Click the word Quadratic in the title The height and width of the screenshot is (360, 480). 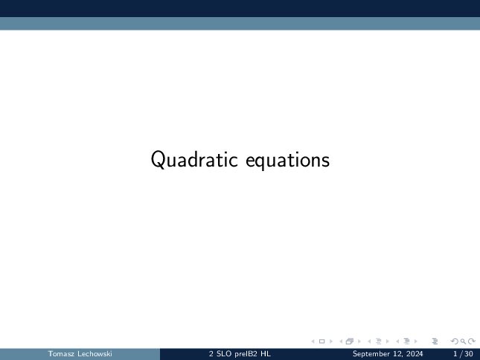(x=194, y=159)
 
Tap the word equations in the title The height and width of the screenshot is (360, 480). (x=288, y=160)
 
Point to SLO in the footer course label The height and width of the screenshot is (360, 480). (x=224, y=354)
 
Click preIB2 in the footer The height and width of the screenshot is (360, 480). (x=246, y=354)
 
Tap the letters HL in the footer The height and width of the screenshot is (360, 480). (x=266, y=354)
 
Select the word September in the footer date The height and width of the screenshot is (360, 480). (x=367, y=354)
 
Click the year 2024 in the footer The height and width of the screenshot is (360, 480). (x=415, y=354)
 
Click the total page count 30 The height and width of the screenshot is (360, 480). (x=469, y=354)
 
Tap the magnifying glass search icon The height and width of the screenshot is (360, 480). (x=463, y=341)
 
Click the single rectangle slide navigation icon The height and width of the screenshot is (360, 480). (x=321, y=341)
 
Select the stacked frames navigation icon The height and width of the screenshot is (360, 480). (x=350, y=341)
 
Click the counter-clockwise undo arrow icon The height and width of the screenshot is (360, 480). (x=455, y=341)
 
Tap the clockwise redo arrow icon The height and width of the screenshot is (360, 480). (x=472, y=341)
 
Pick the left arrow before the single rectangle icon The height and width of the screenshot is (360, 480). (x=313, y=341)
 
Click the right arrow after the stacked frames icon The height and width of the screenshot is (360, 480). (x=359, y=341)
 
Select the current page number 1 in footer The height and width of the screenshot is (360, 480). (x=455, y=354)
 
